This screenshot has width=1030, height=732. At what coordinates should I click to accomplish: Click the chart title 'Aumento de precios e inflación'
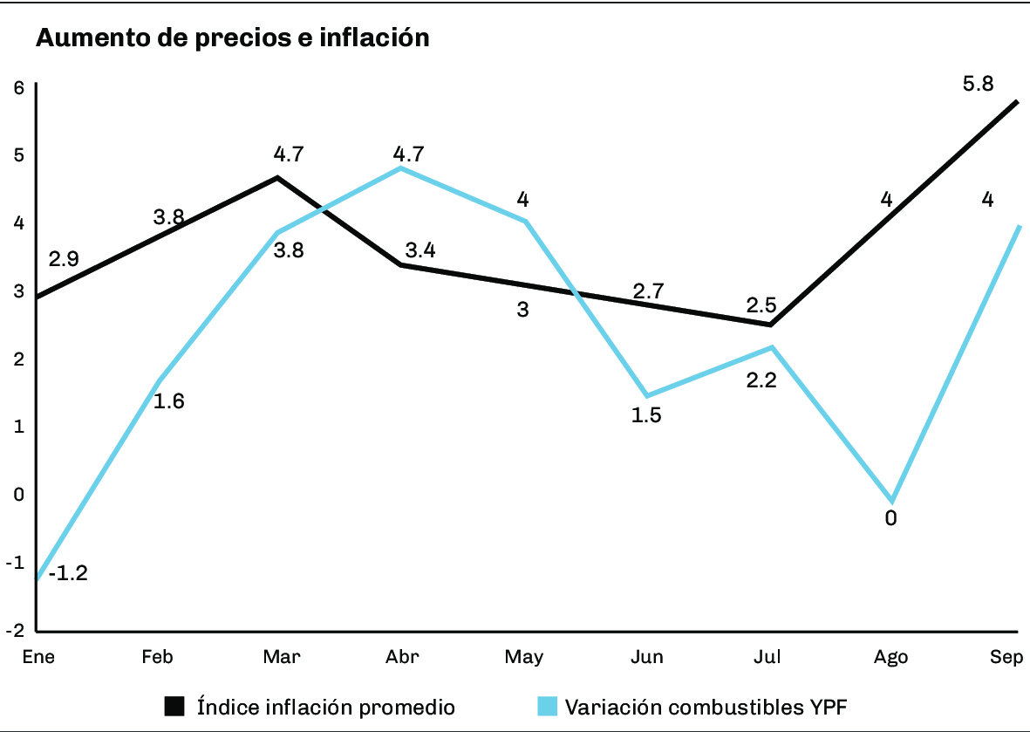(232, 38)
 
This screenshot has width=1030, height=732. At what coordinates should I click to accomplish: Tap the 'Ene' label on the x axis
(38, 657)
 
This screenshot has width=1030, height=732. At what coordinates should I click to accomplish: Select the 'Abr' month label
(401, 657)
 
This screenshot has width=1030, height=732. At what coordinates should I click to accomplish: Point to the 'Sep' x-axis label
(1006, 657)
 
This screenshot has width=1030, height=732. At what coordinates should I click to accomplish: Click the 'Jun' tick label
(646, 657)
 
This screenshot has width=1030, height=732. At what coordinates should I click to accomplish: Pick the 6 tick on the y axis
(17, 86)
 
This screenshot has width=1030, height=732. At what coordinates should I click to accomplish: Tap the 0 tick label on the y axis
(17, 495)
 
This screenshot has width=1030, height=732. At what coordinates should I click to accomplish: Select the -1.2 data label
(68, 574)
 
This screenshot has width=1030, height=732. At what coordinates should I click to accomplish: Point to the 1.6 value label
(169, 401)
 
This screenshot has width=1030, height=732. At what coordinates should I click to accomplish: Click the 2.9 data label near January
(64, 259)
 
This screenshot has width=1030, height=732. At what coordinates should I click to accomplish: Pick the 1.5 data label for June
(646, 415)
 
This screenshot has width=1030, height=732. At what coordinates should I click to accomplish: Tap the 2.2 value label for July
(761, 380)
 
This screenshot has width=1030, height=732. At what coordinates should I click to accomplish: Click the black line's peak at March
(277, 178)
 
